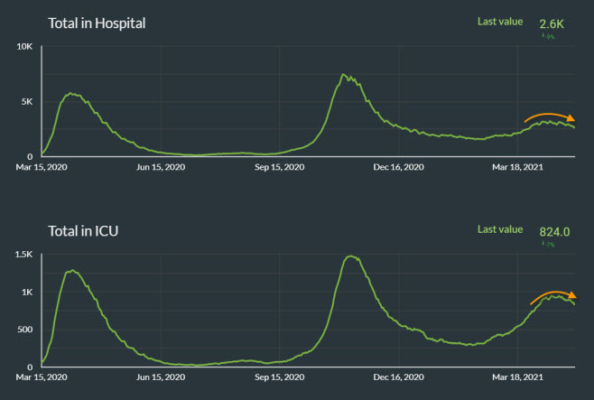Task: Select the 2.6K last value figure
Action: tap(552, 24)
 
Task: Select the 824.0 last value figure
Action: tap(555, 232)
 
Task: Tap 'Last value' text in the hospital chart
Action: tap(500, 22)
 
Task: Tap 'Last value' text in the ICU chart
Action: tap(500, 229)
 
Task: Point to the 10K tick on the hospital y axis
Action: tap(24, 46)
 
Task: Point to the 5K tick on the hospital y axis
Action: tap(27, 102)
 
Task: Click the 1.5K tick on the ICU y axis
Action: tap(23, 255)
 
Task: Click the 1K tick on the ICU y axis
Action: tap(28, 293)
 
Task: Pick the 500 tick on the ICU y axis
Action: tap(25, 330)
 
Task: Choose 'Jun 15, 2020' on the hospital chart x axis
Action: tap(161, 167)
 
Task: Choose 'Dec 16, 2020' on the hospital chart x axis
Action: tap(399, 167)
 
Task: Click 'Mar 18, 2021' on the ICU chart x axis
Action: tap(518, 377)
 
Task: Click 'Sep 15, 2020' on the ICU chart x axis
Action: tap(280, 377)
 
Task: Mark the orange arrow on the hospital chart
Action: tap(549, 116)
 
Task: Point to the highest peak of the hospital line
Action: tap(344, 75)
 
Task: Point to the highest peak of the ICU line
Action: tap(350, 257)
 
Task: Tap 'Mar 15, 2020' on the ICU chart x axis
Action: tap(42, 377)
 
